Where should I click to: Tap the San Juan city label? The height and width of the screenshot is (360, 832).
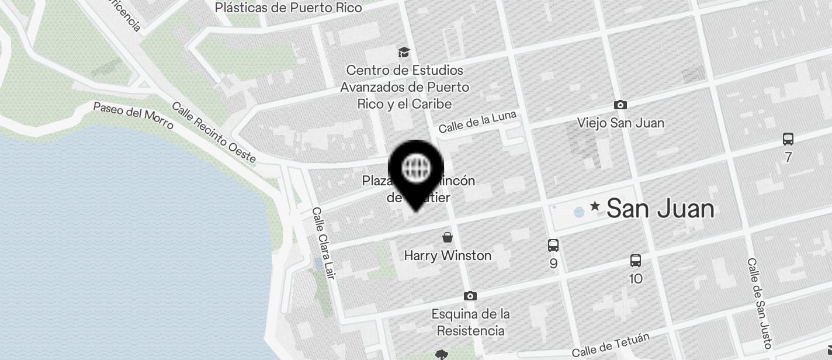coord(660,209)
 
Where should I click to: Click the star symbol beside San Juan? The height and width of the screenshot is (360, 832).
coord(595,206)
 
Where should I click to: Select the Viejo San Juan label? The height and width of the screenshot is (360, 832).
coord(620,123)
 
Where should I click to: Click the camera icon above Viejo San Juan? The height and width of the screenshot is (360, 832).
coord(620,105)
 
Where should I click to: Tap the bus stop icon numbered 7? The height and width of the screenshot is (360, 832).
coord(788,139)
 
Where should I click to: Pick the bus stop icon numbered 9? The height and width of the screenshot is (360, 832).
coord(553,245)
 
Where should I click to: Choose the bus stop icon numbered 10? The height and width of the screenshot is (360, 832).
coord(636,261)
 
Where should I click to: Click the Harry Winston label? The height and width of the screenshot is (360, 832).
coord(448,255)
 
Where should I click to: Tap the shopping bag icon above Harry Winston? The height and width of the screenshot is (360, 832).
coord(448,237)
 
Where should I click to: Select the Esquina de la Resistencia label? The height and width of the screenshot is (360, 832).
coord(470,322)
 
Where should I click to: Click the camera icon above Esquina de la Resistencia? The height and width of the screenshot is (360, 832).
coord(470,296)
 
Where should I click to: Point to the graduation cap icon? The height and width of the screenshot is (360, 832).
coord(404,53)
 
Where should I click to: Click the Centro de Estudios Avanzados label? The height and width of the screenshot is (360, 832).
coord(405,87)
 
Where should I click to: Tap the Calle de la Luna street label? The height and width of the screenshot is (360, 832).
coord(477,122)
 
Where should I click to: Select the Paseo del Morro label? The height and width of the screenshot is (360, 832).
coord(133,116)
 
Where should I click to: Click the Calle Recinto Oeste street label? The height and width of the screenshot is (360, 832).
coord(214,133)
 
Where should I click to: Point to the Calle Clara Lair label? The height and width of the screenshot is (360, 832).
coord(323,243)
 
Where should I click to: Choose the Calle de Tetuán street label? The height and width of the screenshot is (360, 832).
coord(611,345)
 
